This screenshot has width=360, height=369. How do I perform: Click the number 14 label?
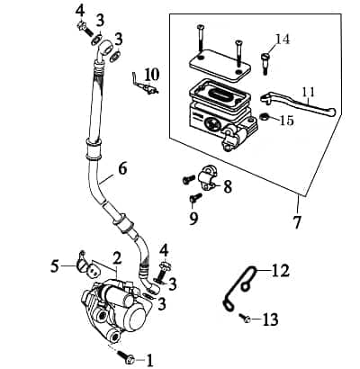(x=283, y=39)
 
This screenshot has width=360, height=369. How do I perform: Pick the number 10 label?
(x=150, y=74)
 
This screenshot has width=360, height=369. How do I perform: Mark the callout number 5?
(x=55, y=265)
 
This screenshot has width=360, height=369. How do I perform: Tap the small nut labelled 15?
(x=265, y=117)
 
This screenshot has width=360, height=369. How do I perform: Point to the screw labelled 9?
(x=194, y=198)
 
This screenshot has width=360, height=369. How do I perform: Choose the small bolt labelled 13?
(x=244, y=317)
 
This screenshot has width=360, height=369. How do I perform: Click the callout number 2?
(x=115, y=257)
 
